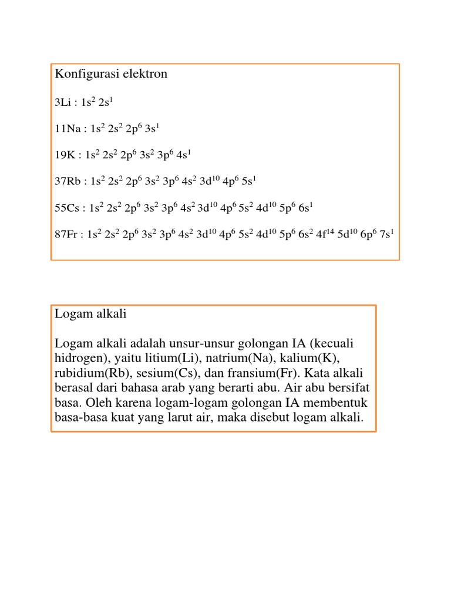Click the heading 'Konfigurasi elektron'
click(x=111, y=74)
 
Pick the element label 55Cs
click(x=68, y=208)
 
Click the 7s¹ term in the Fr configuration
click(x=386, y=233)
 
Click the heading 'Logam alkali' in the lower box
click(x=90, y=315)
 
